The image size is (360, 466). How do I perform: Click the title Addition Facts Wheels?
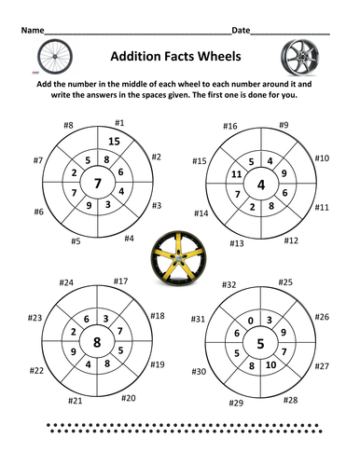point(179,55)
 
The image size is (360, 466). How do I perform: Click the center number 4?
point(261,183)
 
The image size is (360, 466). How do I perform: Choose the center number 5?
point(261,342)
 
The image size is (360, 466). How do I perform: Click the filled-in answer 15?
point(115,141)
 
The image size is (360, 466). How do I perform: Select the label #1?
point(119,121)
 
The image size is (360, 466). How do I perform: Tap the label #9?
point(283,124)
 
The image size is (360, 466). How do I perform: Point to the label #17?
point(120,281)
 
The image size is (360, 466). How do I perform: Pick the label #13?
point(237,243)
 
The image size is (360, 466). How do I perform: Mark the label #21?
point(76,402)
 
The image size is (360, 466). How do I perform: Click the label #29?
point(236,403)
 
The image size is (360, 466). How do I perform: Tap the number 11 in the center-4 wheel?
point(236,173)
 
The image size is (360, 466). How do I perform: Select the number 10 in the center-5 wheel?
point(272,364)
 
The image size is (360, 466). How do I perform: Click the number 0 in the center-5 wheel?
point(250,320)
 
